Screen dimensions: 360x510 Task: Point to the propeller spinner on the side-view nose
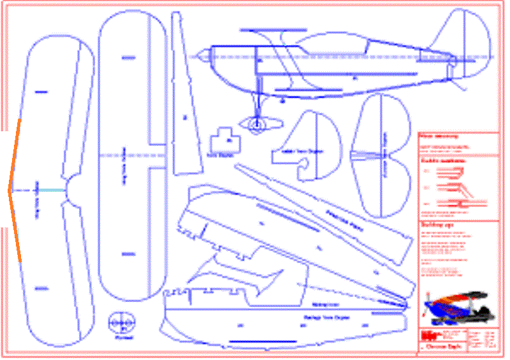click(x=200, y=57)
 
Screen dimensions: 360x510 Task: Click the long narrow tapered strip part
click(x=181, y=96)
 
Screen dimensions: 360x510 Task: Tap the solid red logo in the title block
click(x=426, y=336)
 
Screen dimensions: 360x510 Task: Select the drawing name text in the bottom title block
click(x=440, y=348)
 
